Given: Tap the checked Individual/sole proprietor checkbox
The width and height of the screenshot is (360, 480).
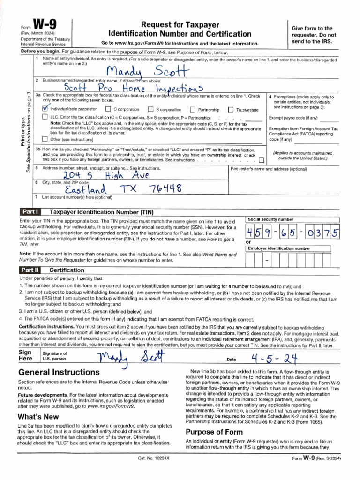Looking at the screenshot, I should point(45,109).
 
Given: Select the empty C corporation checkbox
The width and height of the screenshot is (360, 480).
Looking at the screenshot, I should point(108,109).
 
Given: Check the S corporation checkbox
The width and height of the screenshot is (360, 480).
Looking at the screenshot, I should point(150,109).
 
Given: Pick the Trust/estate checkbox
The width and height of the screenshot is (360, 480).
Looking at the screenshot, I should point(230,109).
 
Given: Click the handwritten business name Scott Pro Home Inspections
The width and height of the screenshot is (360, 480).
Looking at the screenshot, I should point(134,88).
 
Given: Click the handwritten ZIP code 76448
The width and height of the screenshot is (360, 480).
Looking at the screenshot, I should point(165,188).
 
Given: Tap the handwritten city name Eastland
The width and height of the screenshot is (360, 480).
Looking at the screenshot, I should point(86,189).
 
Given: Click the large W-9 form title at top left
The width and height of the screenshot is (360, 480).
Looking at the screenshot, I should point(46,25).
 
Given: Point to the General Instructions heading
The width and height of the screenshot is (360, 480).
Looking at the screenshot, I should point(59,372).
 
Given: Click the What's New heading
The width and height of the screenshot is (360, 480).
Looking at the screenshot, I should point(38,416).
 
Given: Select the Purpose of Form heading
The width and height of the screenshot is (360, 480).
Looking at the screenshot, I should point(214,432).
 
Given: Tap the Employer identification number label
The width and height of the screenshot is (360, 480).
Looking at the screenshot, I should point(279,248).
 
